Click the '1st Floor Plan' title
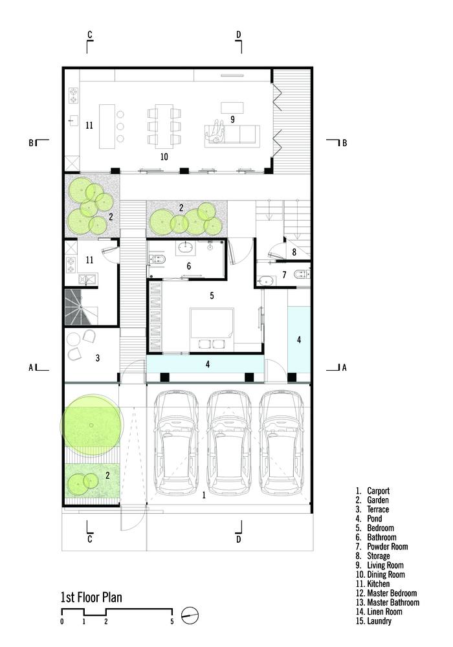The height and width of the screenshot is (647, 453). (91, 597)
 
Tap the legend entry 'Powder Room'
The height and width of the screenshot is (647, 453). (388, 547)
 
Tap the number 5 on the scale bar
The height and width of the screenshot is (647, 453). (172, 622)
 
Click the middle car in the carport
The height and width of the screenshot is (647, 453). (229, 443)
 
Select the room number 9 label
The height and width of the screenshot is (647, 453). (233, 119)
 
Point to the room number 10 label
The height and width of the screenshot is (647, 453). (164, 157)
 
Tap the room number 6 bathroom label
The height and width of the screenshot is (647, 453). (188, 266)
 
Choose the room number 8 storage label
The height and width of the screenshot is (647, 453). (294, 252)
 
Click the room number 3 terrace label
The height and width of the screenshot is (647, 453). (97, 358)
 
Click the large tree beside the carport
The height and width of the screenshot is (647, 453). (92, 426)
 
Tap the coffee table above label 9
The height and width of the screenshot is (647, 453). (232, 107)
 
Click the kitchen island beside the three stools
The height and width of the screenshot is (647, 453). (106, 126)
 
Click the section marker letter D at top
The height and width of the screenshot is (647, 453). (238, 35)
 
